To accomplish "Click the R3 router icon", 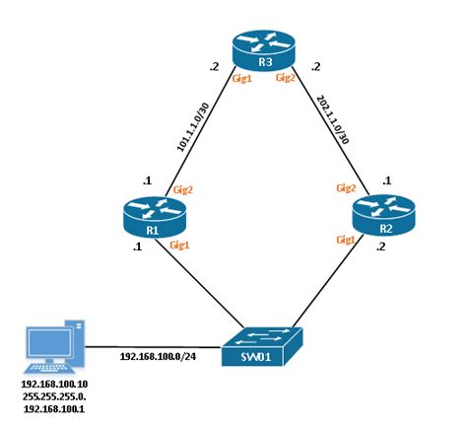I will click(x=263, y=50).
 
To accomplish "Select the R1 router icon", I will click(x=153, y=217).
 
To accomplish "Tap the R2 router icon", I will click(x=381, y=218).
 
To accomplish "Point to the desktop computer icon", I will click(x=54, y=343).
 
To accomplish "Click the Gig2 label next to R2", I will click(x=346, y=187).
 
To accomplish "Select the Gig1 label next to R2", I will click(x=346, y=239).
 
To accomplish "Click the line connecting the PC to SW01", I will click(x=148, y=346).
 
